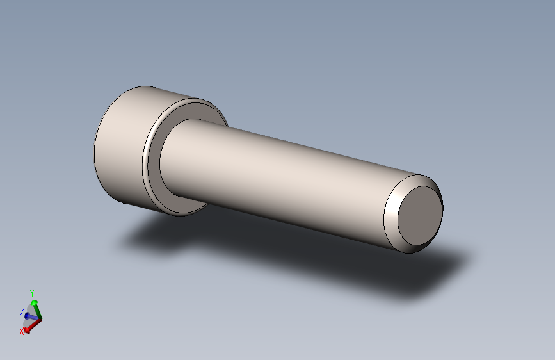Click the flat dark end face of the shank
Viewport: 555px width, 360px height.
pyautogui.click(x=420, y=215)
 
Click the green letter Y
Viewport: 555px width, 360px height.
pyautogui.click(x=32, y=293)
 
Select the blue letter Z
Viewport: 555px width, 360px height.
pyautogui.click(x=22, y=311)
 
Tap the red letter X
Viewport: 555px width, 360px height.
pyautogui.click(x=22, y=331)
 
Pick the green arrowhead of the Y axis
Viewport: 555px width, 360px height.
pyautogui.click(x=34, y=302)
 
